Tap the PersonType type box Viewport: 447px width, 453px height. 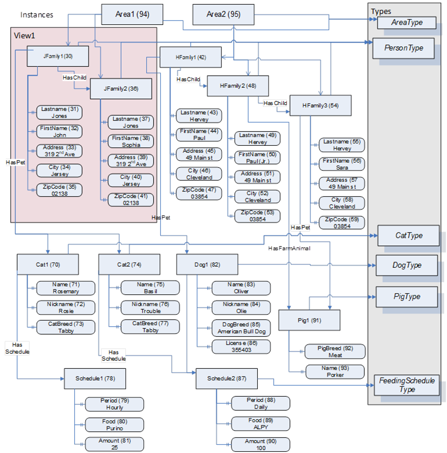point(404,48)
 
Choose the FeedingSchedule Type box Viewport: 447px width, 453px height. point(406,385)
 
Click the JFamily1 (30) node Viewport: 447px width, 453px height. point(57,56)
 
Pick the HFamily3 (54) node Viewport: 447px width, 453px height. point(321,106)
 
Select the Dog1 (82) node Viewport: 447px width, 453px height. point(207,264)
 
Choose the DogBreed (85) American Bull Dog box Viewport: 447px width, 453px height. point(240,328)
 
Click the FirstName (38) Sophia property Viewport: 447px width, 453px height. point(131,141)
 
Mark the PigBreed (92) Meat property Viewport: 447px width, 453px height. point(335,352)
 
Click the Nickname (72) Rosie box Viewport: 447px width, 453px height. point(66,307)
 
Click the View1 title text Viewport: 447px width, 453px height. point(25,35)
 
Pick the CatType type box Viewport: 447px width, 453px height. point(409,236)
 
